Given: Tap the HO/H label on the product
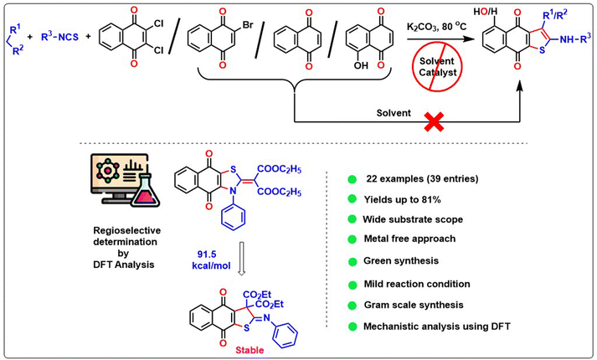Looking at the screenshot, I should click(496, 12).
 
